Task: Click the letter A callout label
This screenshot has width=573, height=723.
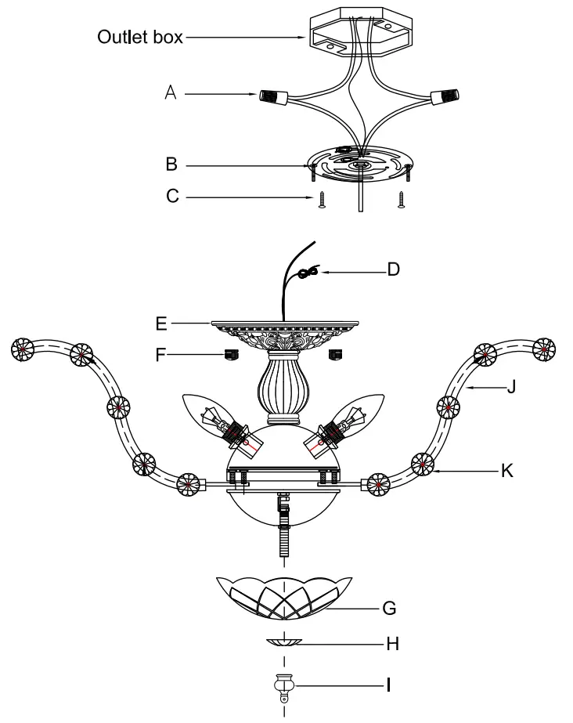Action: [x=170, y=92]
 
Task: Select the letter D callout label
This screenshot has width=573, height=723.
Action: [x=394, y=269]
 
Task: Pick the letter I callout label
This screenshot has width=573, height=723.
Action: [x=389, y=685]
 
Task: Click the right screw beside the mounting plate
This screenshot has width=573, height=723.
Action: [x=402, y=199]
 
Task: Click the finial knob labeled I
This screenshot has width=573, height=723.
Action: [x=283, y=686]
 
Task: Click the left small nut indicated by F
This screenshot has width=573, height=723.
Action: [x=231, y=354]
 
